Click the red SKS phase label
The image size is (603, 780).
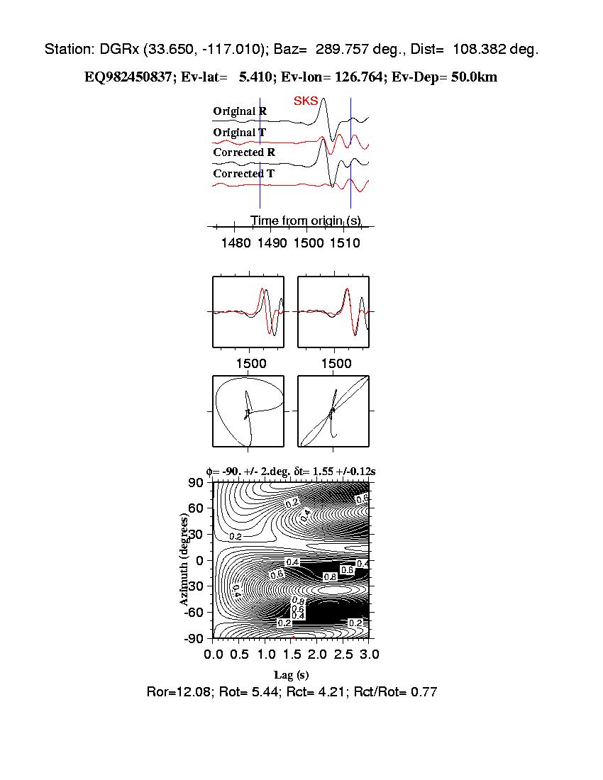pyautogui.click(x=306, y=101)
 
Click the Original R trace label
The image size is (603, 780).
pyautogui.click(x=240, y=111)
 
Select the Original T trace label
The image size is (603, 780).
pyautogui.click(x=240, y=133)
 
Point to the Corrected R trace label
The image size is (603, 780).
pyautogui.click(x=244, y=152)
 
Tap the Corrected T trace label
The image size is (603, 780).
pyautogui.click(x=244, y=174)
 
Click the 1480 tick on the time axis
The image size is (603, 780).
pyautogui.click(x=236, y=243)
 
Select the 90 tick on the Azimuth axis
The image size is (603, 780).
pyautogui.click(x=196, y=483)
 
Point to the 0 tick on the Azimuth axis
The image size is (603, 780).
pyautogui.click(x=200, y=560)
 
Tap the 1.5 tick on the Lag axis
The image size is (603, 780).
pyautogui.click(x=292, y=653)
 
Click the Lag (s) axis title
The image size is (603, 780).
pyautogui.click(x=291, y=675)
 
